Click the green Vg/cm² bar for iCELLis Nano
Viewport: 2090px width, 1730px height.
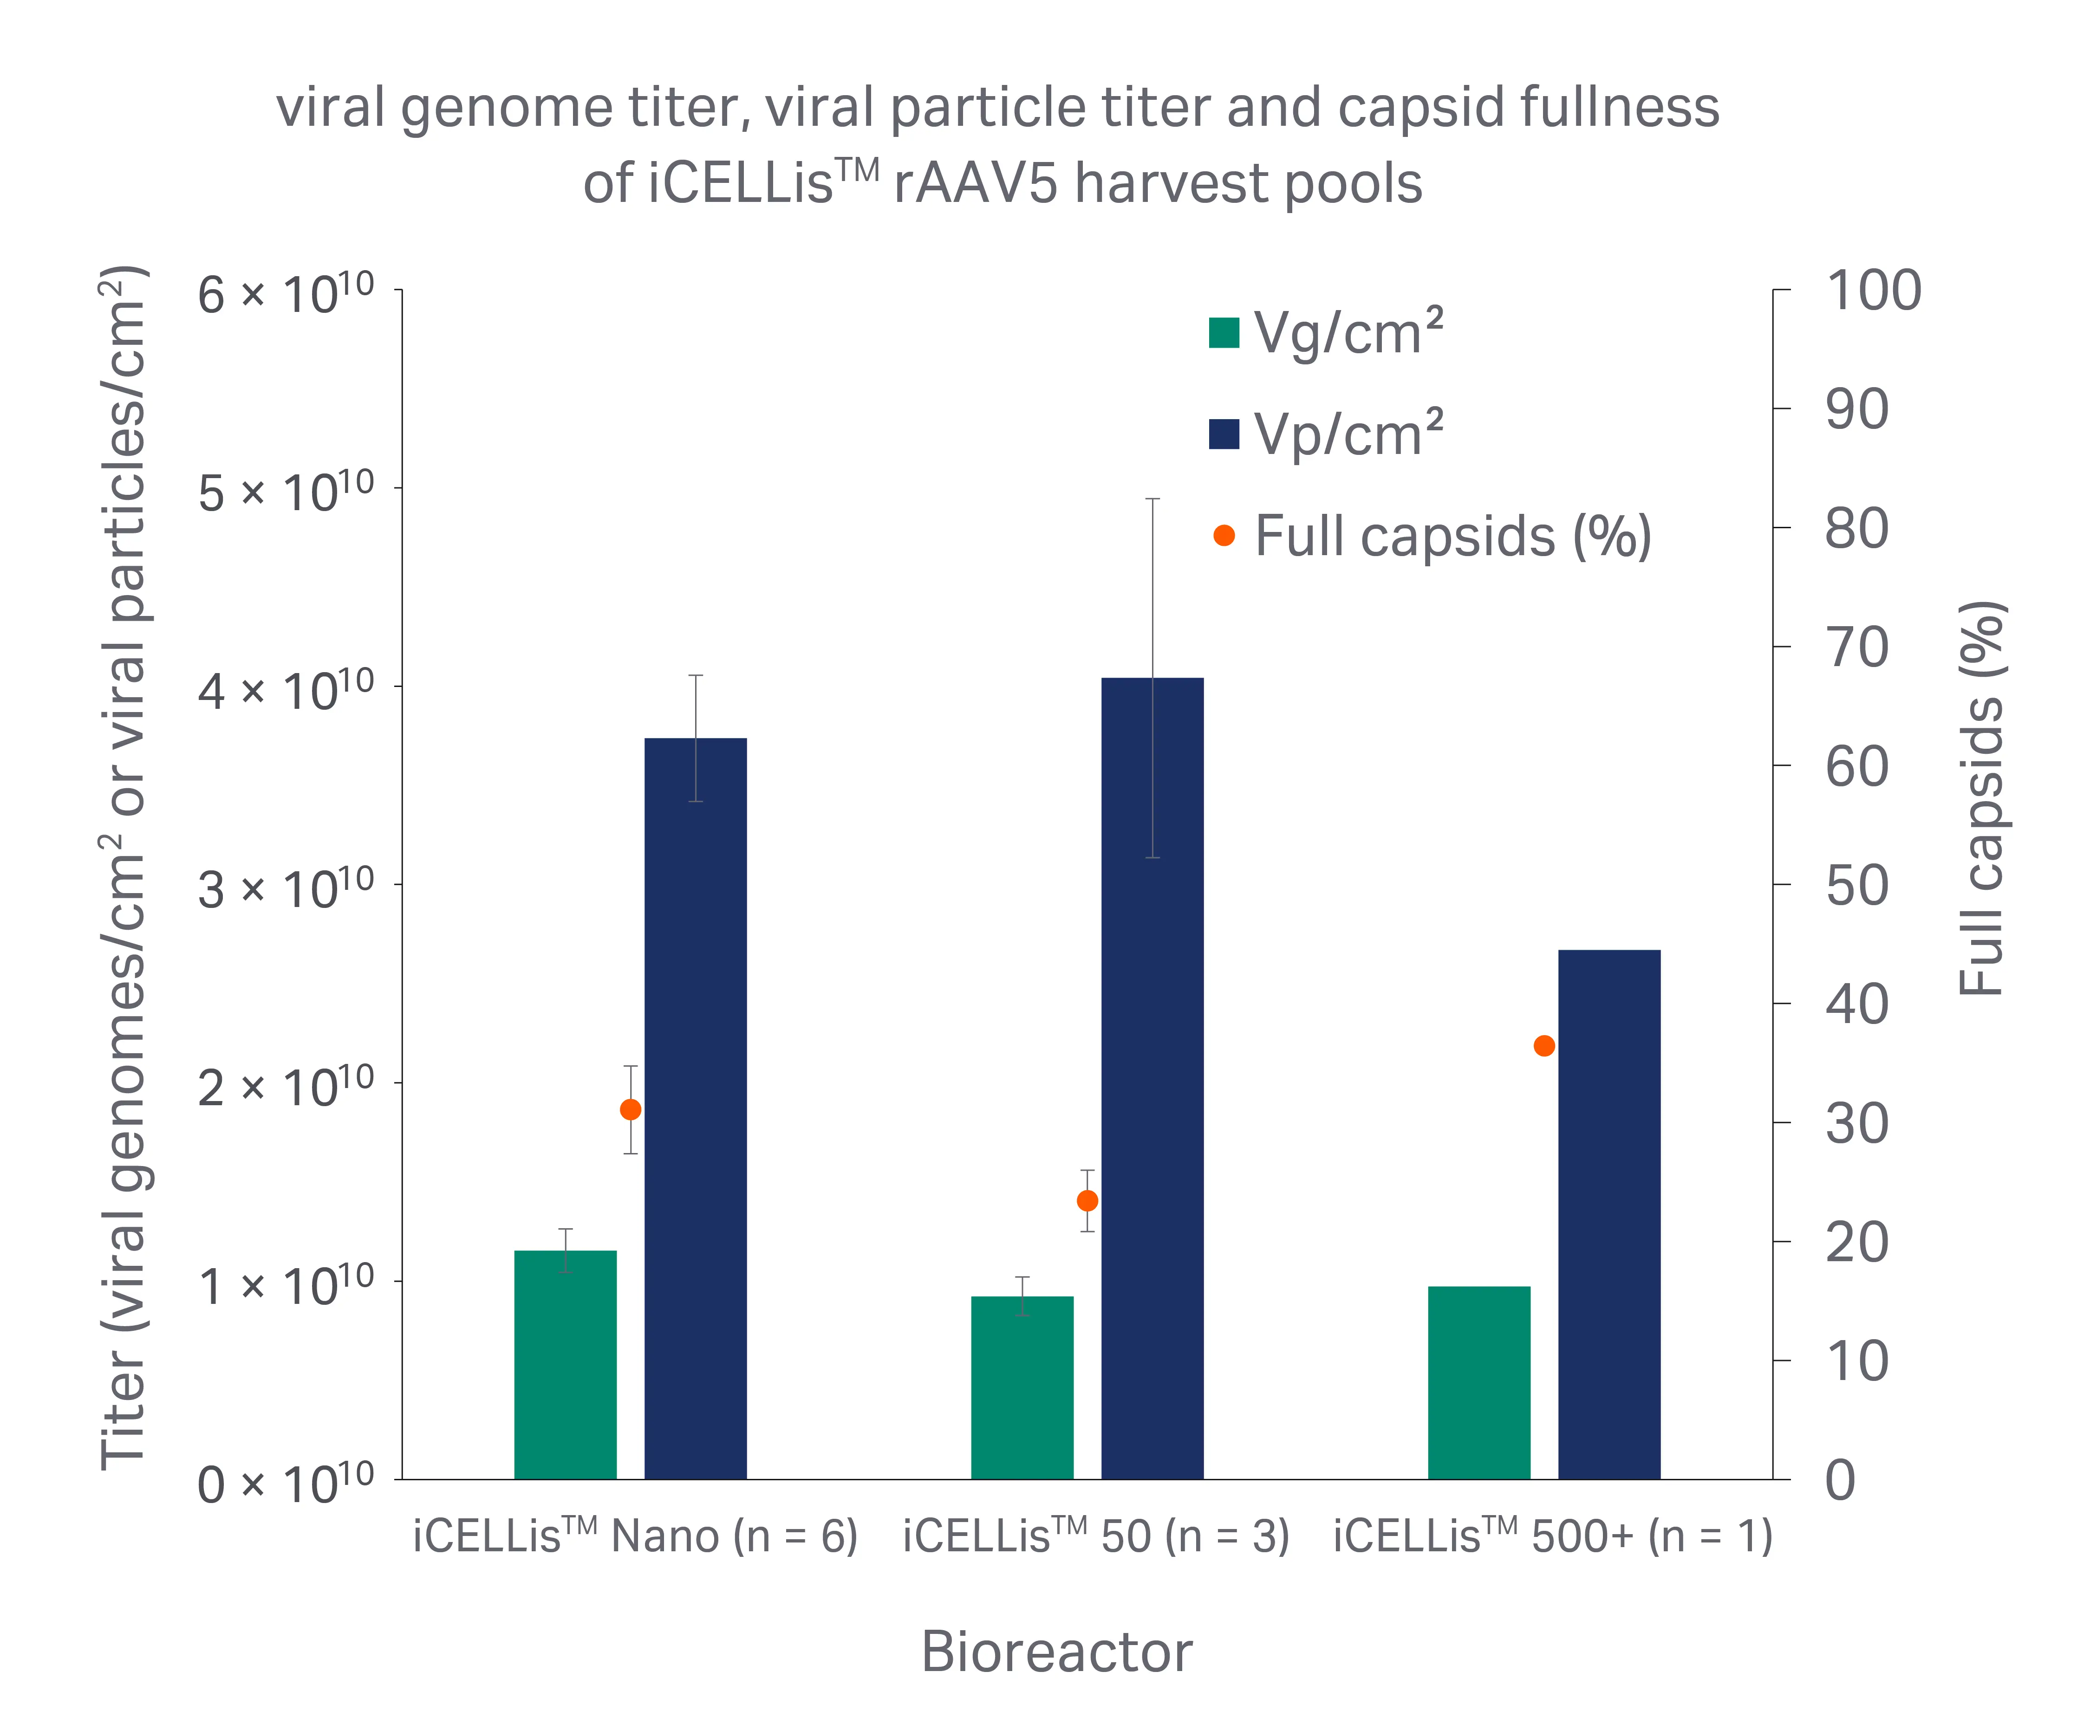click(565, 1365)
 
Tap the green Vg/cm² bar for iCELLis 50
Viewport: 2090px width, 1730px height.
click(1022, 1388)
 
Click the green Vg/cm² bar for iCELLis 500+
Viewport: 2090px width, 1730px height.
click(1479, 1383)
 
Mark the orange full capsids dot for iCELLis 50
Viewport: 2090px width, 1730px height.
click(1088, 1201)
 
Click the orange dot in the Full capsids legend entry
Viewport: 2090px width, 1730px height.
click(1224, 536)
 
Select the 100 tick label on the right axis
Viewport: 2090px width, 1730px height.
click(1873, 292)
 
